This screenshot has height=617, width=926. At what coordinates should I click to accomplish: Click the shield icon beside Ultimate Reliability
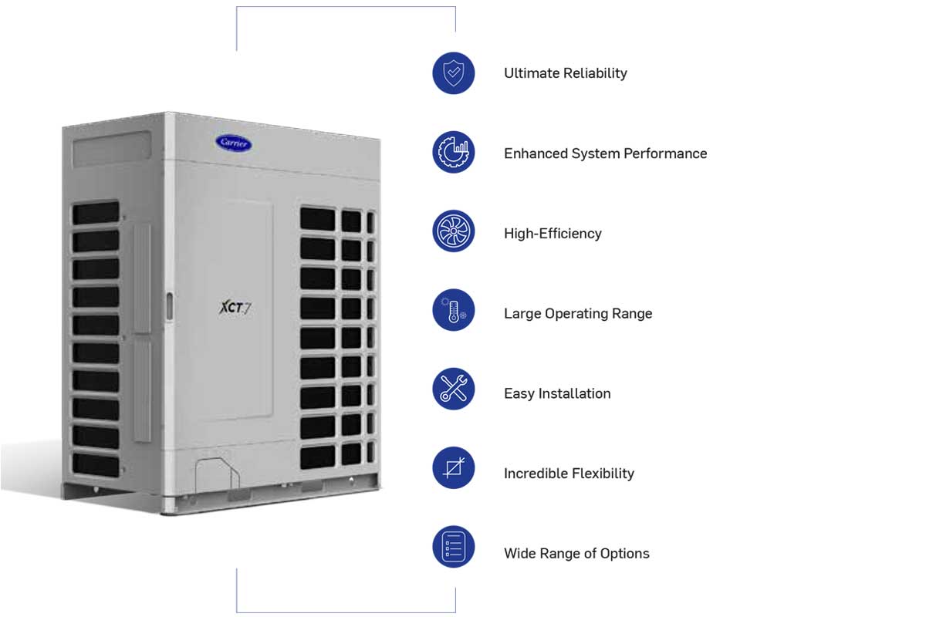click(453, 73)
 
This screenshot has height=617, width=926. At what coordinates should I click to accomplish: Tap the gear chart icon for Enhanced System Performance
click(453, 153)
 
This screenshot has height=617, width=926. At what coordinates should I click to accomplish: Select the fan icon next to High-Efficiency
click(453, 231)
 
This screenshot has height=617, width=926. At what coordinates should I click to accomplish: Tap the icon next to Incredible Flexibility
click(453, 468)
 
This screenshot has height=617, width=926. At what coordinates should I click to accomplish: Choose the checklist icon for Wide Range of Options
click(453, 547)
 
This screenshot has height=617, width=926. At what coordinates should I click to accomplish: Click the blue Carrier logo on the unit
click(234, 142)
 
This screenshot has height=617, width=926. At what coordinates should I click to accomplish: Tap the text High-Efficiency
click(553, 234)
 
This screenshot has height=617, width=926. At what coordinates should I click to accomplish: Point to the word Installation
click(573, 393)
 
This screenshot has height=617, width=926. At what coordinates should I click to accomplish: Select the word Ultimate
click(531, 73)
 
